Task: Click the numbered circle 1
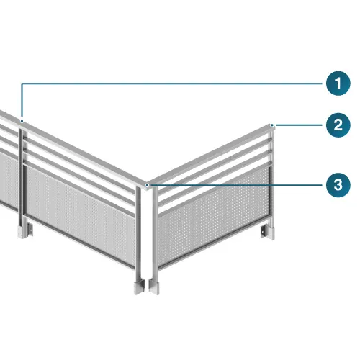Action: pyautogui.click(x=338, y=84)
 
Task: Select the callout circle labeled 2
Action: pyautogui.click(x=338, y=125)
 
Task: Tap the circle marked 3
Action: pyautogui.click(x=338, y=185)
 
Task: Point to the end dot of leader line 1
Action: pyautogui.click(x=22, y=121)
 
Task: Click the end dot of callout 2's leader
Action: pyautogui.click(x=272, y=125)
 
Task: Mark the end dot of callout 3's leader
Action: pyautogui.click(x=148, y=185)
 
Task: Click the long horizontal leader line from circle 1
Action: pyautogui.click(x=171, y=84)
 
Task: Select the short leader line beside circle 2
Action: pyautogui.click(x=299, y=125)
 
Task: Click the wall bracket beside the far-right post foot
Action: pyautogui.click(x=264, y=231)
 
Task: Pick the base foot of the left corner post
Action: pyautogui.click(x=139, y=287)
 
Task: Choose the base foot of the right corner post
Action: pyautogui.click(x=154, y=287)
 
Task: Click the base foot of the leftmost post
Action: pyautogui.click(x=22, y=231)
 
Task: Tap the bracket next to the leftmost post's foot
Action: pyautogui.click(x=30, y=230)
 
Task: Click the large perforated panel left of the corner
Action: pyautogui.click(x=81, y=216)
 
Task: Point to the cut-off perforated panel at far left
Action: pyautogui.click(x=9, y=180)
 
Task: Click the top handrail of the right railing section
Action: pyautogui.click(x=210, y=155)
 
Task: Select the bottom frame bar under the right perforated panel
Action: pyautogui.click(x=214, y=243)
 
